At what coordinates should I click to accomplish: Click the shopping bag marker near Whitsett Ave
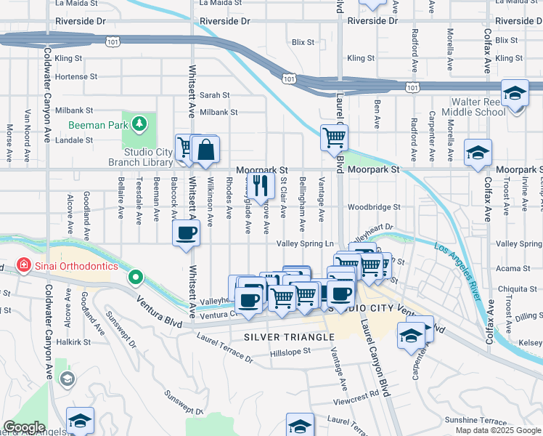pyautogui.click(x=207, y=150)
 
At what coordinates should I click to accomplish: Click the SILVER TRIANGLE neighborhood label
pyautogui.click(x=288, y=337)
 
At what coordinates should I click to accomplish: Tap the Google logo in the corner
pyautogui.click(x=23, y=427)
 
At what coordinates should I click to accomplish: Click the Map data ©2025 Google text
pyautogui.click(x=497, y=430)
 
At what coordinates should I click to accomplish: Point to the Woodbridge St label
pyautogui.click(x=374, y=207)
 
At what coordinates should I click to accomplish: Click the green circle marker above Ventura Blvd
pyautogui.click(x=135, y=277)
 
